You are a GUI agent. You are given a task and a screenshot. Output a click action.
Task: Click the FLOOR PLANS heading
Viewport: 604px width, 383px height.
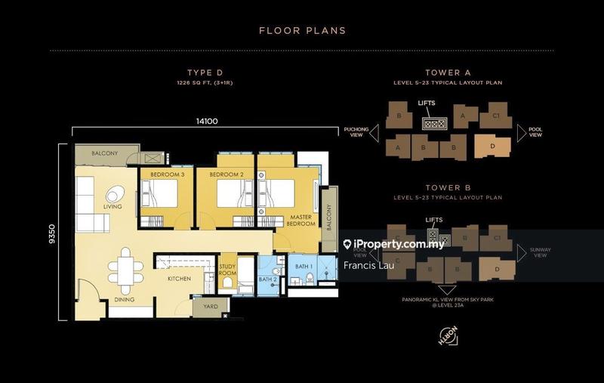[302, 31]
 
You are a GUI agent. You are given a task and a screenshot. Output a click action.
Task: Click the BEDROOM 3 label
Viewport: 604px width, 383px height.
[168, 175]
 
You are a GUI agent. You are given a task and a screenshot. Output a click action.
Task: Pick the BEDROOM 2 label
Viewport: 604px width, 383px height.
[224, 175]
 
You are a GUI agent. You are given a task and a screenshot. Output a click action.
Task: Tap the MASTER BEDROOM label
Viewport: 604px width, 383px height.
[301, 221]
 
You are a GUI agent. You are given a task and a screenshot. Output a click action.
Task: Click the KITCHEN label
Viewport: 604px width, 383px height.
[179, 279]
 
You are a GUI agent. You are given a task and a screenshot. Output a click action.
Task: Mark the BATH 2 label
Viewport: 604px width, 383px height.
[267, 279]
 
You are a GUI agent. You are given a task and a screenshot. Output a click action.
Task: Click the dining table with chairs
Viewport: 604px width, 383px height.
[125, 272]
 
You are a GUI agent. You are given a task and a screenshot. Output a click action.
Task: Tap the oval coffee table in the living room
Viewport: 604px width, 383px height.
[115, 193]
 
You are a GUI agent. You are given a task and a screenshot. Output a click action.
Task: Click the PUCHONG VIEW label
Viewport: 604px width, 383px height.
[356, 133]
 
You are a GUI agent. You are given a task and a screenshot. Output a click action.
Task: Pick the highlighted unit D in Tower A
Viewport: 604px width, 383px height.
[492, 146]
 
